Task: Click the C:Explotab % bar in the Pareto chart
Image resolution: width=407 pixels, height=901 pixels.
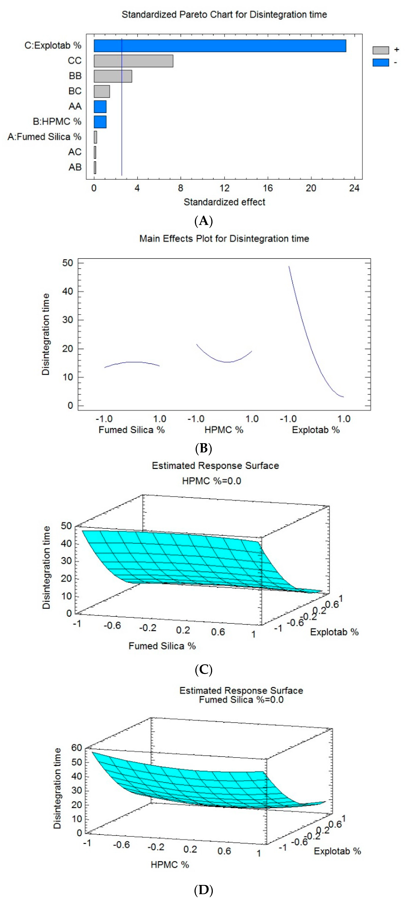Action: [220, 46]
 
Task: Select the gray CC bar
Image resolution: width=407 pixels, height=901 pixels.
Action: [133, 61]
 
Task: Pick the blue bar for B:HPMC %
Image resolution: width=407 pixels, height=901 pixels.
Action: [100, 122]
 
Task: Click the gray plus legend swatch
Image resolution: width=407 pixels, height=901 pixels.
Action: [380, 50]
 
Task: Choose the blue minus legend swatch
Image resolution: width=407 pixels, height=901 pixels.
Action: [380, 63]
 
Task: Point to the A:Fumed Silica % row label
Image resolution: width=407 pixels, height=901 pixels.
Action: [44, 137]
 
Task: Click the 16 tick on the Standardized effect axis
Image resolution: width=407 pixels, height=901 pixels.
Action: [268, 188]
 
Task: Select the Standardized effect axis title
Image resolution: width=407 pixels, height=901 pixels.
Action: [224, 202]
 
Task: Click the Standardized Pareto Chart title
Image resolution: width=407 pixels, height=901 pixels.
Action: [224, 15]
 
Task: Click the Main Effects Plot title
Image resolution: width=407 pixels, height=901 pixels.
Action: [224, 239]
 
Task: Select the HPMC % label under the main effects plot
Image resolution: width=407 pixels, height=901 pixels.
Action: [224, 430]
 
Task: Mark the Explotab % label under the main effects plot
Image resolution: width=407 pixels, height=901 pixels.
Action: [316, 430]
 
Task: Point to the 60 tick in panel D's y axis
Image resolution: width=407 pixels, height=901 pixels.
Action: [77, 748]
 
